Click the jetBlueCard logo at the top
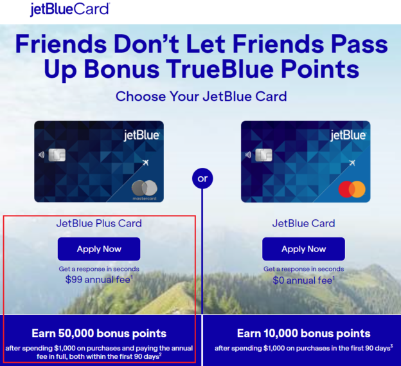(x=69, y=9)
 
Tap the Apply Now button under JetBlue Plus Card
(x=99, y=249)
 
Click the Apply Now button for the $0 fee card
(x=303, y=249)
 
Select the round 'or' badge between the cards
(x=202, y=178)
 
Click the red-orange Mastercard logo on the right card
(x=352, y=189)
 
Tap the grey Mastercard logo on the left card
(x=145, y=188)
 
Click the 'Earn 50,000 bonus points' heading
(x=99, y=333)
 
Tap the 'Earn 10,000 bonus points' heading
(x=303, y=333)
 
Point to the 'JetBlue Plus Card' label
(x=99, y=224)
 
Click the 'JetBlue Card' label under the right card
(x=303, y=224)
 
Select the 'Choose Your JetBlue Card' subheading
(x=201, y=96)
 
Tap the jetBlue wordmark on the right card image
(x=348, y=135)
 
